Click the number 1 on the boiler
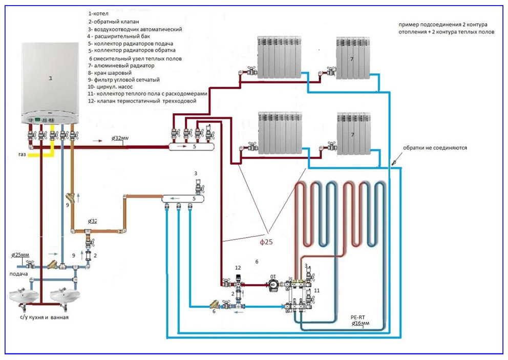(50, 78)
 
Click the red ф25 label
(266, 238)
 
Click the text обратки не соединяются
(435, 147)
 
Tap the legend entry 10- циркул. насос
(111, 87)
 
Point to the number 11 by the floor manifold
(316, 290)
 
